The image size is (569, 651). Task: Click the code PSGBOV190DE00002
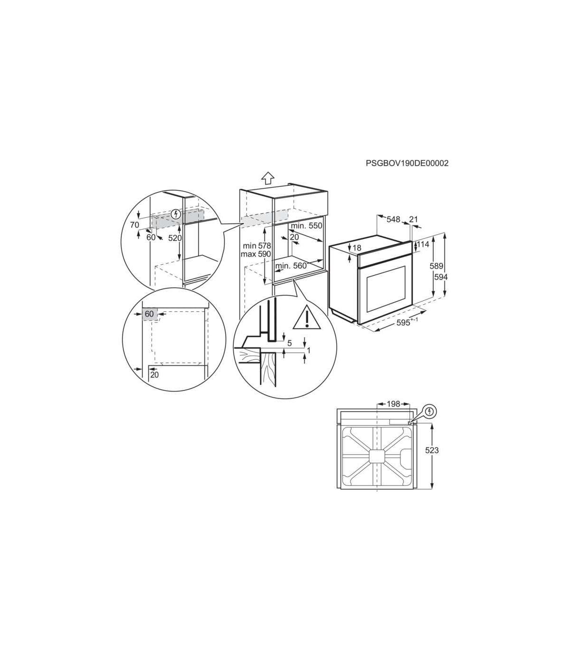point(407,163)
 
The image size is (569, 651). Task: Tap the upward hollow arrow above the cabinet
point(268,178)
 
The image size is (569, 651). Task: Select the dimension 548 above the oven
point(393,219)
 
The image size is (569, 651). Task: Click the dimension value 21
point(413,219)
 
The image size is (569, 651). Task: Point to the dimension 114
point(423,244)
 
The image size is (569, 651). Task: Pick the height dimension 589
point(436,266)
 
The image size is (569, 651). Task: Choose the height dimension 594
point(441,277)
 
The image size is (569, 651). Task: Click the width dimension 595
point(404,323)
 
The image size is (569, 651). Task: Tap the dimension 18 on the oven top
point(357,248)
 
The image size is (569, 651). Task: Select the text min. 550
point(306,226)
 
